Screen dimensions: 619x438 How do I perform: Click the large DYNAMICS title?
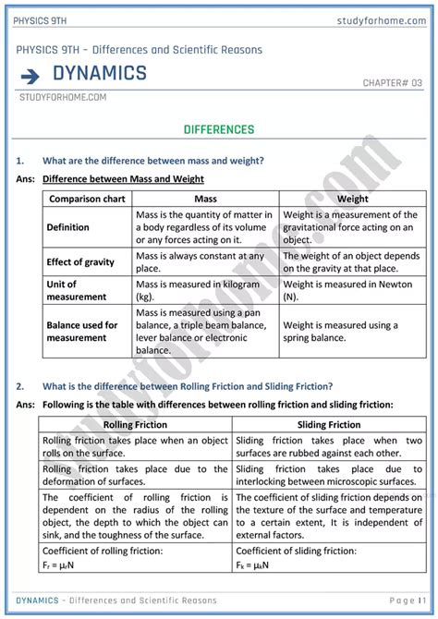coord(100,74)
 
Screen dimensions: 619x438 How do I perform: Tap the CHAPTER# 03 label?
coord(392,83)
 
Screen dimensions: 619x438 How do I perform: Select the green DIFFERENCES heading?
coord(219,129)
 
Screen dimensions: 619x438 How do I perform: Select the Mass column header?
coord(205,199)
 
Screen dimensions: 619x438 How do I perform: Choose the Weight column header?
coord(352,199)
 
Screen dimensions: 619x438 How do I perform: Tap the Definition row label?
coord(68,227)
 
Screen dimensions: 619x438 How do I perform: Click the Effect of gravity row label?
coord(80,262)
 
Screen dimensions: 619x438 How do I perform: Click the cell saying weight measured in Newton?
coord(351,291)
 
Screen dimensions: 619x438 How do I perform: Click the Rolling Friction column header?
coord(135,425)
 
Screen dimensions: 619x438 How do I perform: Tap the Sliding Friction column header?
coord(330,425)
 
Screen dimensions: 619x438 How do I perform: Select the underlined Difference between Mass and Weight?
coord(123,178)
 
